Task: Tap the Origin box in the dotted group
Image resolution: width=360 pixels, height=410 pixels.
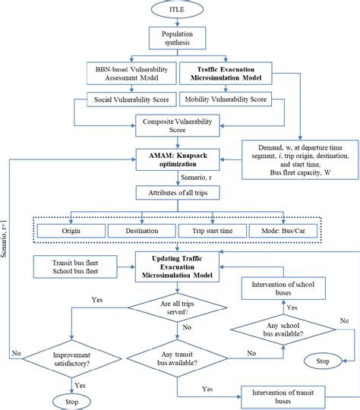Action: pos(72,230)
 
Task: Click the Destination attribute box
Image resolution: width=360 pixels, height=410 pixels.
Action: pos(139,230)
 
